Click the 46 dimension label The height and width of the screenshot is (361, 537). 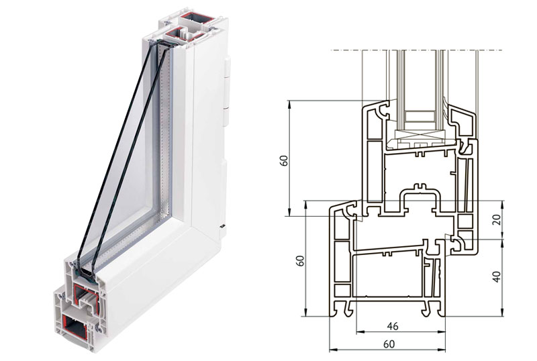(x=393, y=325)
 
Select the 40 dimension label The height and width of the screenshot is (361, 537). (x=497, y=276)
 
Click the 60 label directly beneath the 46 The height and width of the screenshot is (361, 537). (x=389, y=344)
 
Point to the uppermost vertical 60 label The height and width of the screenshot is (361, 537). (x=284, y=160)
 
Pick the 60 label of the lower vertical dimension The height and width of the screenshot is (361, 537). (x=300, y=260)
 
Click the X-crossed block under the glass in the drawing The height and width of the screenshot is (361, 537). (x=420, y=134)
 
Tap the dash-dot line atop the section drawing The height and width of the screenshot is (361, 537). (x=416, y=50)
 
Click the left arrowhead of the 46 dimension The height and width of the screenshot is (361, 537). (x=359, y=331)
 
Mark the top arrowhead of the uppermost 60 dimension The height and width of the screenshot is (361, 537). (x=290, y=103)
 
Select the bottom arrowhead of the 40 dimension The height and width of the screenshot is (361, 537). (x=502, y=313)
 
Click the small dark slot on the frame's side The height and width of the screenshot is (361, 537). (x=223, y=226)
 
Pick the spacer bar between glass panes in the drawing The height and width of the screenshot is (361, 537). (x=420, y=116)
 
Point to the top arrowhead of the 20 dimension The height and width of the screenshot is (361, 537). (x=502, y=203)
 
